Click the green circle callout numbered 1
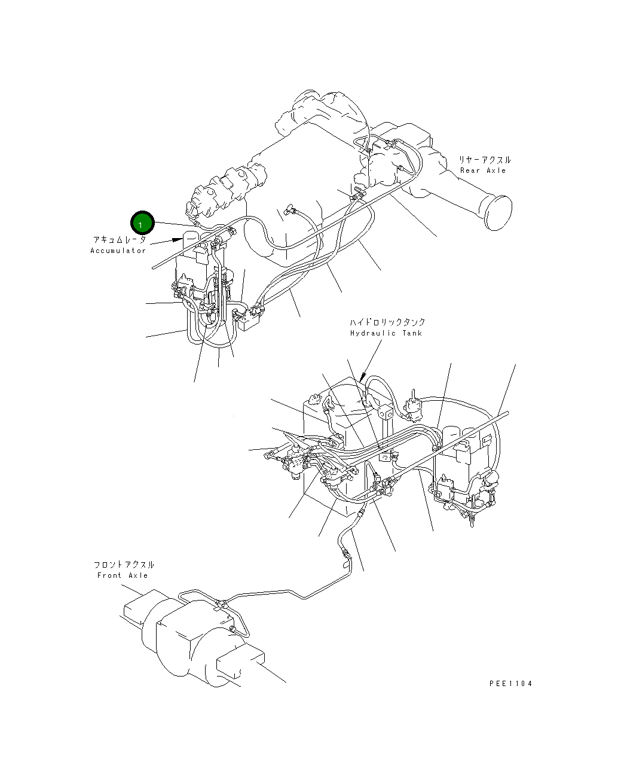[143, 224]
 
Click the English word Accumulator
[118, 251]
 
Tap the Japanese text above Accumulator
[119, 239]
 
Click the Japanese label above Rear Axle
[485, 160]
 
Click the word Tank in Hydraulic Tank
[412, 333]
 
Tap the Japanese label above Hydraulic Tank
[388, 322]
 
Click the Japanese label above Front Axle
[124, 565]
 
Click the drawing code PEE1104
[510, 684]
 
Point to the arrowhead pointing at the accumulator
[178, 239]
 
